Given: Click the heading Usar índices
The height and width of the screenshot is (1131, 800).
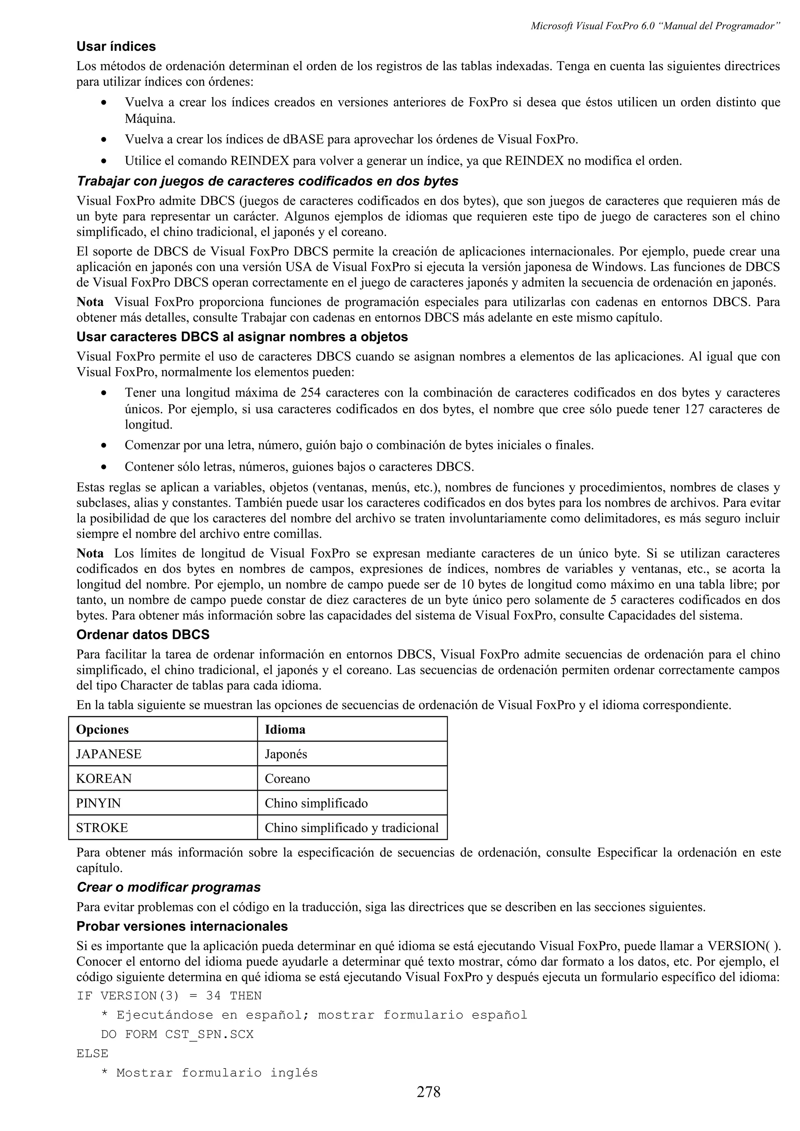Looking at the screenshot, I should [116, 47].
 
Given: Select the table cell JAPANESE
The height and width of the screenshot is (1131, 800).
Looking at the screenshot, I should [109, 754].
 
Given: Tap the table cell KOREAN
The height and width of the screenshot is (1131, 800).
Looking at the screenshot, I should [104, 779].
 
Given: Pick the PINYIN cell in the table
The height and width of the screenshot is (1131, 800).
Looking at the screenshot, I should [98, 804].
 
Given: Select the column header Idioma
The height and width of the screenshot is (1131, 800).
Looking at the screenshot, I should [285, 729].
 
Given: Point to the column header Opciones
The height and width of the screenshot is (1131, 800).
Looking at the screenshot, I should [102, 729].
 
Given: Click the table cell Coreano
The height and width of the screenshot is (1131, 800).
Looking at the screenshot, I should [287, 779].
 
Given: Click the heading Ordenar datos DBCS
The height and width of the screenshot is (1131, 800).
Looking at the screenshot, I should [143, 635].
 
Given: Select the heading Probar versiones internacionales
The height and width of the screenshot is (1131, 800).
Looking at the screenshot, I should [182, 926].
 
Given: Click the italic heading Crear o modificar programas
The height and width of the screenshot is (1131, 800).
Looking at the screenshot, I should [169, 887].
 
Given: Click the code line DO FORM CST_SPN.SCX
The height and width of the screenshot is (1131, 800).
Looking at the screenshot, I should [177, 1034].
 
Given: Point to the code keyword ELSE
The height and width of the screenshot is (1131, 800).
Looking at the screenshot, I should [92, 1053].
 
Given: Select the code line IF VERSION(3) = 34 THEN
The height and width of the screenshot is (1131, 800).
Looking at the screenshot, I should [169, 996].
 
